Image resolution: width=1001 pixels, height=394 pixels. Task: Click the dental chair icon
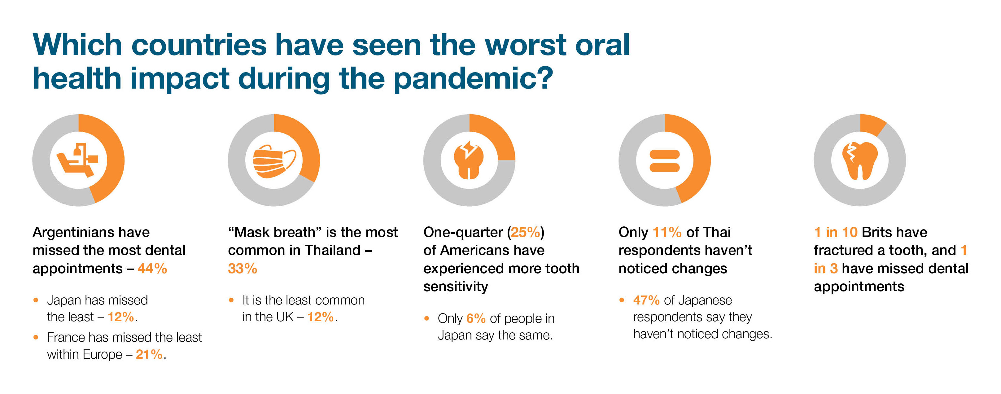[x=78, y=160]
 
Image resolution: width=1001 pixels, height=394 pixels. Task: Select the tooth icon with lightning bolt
[x=469, y=160]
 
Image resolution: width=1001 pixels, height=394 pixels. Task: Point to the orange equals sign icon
[x=664, y=161]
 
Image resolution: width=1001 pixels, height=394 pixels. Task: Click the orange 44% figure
[x=152, y=269]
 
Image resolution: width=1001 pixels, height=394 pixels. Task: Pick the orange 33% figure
[x=243, y=269]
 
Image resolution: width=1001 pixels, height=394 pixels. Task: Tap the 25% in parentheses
[x=525, y=232]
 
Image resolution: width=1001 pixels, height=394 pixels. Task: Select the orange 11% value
[x=667, y=232]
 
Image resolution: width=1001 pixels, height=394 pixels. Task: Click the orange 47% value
[x=646, y=300]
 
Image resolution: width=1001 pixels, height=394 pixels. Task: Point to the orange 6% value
[x=476, y=319]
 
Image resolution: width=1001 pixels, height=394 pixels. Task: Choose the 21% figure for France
[x=149, y=354]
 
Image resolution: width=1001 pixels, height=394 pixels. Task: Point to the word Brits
[x=878, y=232]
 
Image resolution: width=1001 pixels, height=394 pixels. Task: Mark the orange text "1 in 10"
[x=836, y=232]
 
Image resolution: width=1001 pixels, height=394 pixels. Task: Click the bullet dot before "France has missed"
[x=36, y=337]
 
